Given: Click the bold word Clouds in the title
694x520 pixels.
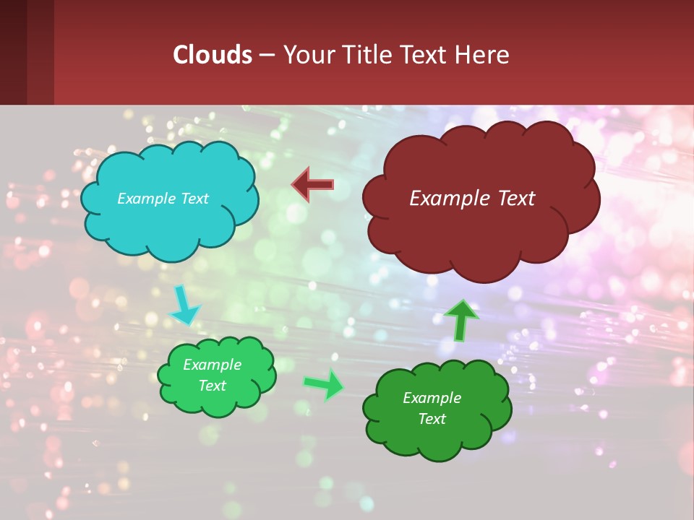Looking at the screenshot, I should click(212, 55).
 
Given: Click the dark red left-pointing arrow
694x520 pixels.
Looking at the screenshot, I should click(312, 185).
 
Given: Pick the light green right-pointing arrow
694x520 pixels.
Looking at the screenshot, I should click(324, 384).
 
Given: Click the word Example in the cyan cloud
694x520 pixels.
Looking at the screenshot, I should click(145, 199).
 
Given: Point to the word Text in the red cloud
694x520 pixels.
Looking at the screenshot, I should click(515, 199).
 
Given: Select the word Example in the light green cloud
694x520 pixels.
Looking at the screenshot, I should click(213, 365).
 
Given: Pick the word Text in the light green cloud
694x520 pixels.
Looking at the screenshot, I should click(213, 386).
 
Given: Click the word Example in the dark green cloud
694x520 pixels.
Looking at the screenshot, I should click(432, 398).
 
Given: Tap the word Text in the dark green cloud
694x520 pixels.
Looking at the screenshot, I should click(432, 419).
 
